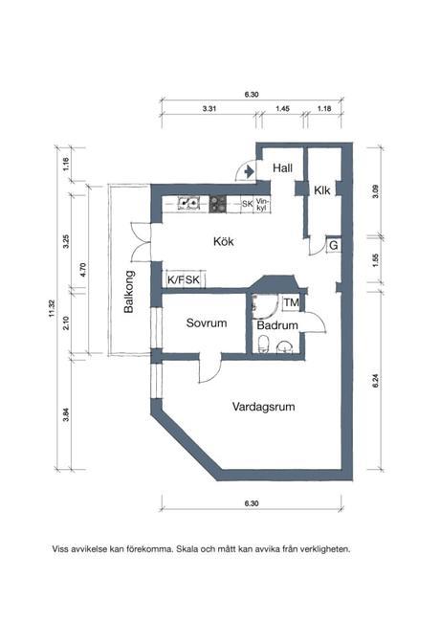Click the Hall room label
(282, 168)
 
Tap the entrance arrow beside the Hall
(249, 171)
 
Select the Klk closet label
(322, 190)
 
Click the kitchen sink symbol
(187, 203)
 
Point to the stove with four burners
(218, 204)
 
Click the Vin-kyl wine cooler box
(262, 204)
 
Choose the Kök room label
(223, 241)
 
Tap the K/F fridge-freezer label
(176, 279)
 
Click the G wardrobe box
(334, 246)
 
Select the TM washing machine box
(291, 302)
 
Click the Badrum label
(277, 325)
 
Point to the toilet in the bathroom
(263, 344)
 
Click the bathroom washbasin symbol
(284, 346)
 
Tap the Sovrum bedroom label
(207, 322)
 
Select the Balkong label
(130, 292)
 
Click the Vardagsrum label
(264, 407)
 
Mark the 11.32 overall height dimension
(51, 309)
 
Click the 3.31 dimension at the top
(209, 108)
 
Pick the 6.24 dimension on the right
(376, 381)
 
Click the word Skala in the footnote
(187, 549)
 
